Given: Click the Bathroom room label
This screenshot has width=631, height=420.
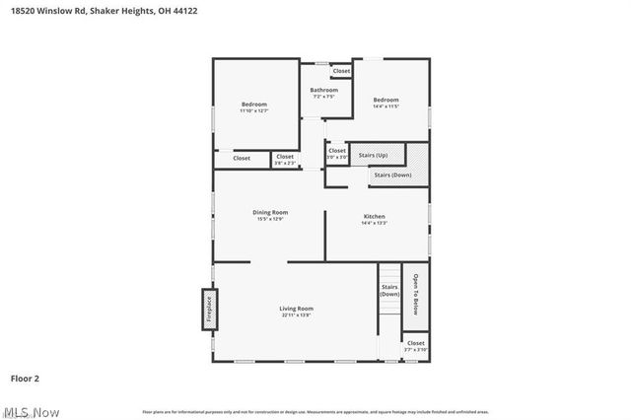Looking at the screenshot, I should click(x=324, y=90).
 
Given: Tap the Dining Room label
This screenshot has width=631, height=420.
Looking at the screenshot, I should click(x=270, y=212).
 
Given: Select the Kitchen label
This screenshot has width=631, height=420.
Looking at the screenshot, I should click(x=374, y=216).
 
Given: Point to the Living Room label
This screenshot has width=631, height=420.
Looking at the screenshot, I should click(x=297, y=309).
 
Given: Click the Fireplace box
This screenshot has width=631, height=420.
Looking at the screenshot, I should click(x=209, y=312).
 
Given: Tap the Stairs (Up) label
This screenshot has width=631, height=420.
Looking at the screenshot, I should click(x=373, y=155).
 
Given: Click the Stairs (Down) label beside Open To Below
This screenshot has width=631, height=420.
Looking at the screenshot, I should click(x=389, y=291).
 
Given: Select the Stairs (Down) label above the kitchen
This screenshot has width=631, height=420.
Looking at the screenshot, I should click(x=392, y=175).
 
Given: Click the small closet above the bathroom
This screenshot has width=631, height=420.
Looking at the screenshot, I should click(x=341, y=71).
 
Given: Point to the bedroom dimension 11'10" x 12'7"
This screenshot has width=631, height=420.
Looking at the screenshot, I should click(x=254, y=110).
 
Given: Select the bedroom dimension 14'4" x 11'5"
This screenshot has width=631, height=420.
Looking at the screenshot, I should click(x=386, y=106).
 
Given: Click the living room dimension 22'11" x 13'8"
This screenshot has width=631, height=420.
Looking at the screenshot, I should click(x=297, y=315).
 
